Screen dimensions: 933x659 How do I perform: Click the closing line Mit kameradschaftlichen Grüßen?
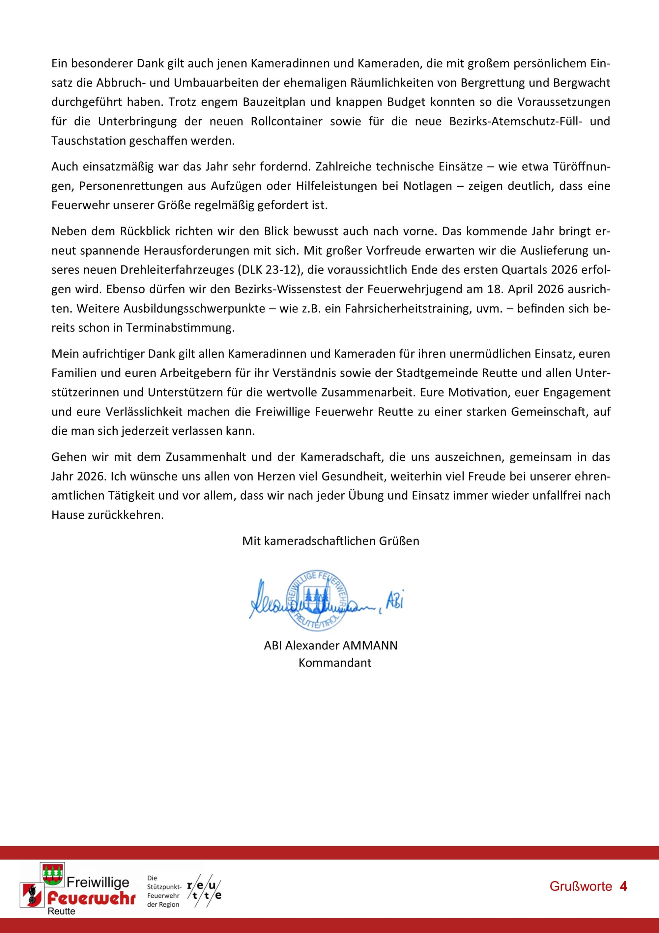coord(330,541)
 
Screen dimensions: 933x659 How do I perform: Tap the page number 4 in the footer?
coord(624,886)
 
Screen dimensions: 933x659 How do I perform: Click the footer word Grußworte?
coord(580,886)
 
